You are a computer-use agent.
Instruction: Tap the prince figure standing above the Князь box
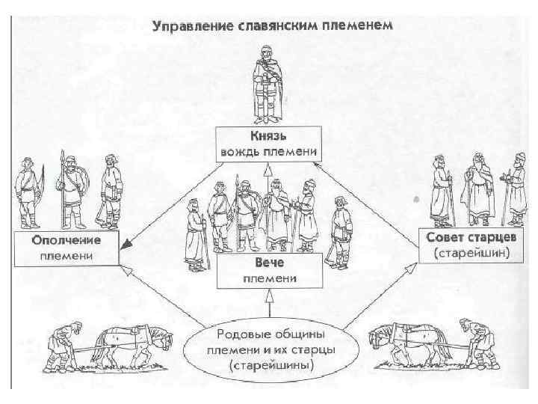[x=265, y=82]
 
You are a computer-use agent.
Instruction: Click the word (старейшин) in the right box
[x=471, y=254]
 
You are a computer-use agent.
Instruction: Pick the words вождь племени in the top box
[x=268, y=152]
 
